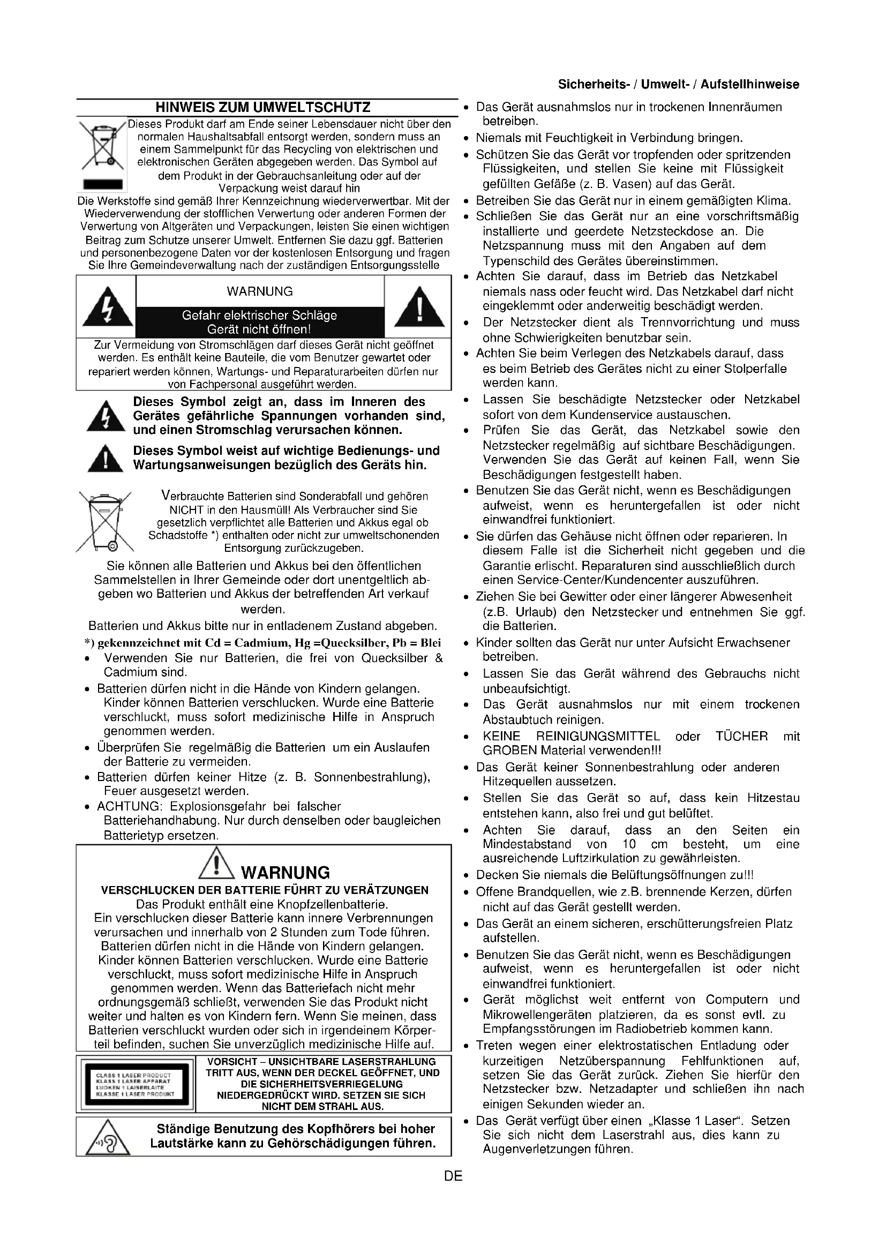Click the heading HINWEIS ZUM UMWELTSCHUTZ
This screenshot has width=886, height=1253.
point(263,107)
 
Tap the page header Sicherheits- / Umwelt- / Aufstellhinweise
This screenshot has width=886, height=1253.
point(678,85)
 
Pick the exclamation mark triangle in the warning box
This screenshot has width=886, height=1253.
point(418,307)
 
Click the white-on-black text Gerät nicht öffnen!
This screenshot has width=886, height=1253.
point(259,329)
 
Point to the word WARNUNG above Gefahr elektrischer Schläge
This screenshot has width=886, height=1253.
point(260,291)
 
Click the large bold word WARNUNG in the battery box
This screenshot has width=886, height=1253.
point(286,872)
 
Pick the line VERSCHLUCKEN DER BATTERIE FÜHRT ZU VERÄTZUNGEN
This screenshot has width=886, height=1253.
point(265,891)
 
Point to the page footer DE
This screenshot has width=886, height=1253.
point(453,1176)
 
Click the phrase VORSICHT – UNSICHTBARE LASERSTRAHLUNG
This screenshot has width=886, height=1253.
point(322,1061)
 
